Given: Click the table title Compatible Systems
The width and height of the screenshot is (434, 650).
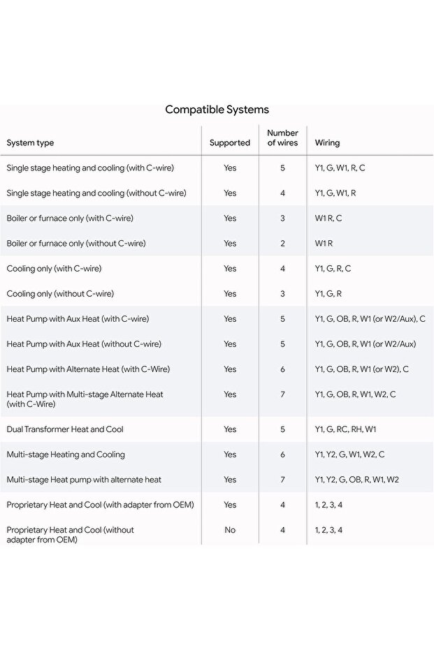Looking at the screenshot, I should tap(217, 110).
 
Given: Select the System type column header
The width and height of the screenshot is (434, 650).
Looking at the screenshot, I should tap(30, 143).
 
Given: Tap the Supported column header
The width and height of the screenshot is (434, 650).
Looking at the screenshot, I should tap(229, 143).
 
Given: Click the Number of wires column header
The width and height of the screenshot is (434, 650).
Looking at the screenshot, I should tap(282, 138).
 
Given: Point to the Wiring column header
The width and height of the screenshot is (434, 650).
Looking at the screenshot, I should tap(327, 143).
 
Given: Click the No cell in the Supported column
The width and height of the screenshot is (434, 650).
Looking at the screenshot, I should tap(230, 530).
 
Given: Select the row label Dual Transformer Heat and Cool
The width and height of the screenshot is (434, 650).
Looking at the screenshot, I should tap(65, 429).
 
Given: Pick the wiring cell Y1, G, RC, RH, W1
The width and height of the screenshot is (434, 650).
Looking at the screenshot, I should tap(345, 429).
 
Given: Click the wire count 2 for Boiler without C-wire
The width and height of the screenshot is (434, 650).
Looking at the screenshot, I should tap(282, 244).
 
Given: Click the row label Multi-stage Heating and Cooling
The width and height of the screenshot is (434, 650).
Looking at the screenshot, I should tap(66, 455).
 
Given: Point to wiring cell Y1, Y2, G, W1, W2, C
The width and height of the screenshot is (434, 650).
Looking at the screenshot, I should tap(349, 455).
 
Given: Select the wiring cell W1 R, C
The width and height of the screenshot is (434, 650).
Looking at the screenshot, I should tap(328, 219).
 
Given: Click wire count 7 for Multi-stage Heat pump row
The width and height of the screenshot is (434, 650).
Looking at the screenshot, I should tap(282, 480).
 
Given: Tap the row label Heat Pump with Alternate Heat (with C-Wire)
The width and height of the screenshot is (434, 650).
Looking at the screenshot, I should tap(88, 369).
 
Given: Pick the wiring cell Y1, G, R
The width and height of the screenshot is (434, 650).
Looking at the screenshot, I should tap(328, 294).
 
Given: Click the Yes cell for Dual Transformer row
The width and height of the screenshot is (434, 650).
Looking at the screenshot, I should tap(230, 429).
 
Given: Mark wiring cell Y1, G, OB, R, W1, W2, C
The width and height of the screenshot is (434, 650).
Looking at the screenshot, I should tap(355, 394).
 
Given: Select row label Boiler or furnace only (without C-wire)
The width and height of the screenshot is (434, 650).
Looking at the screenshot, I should tap(76, 244).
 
